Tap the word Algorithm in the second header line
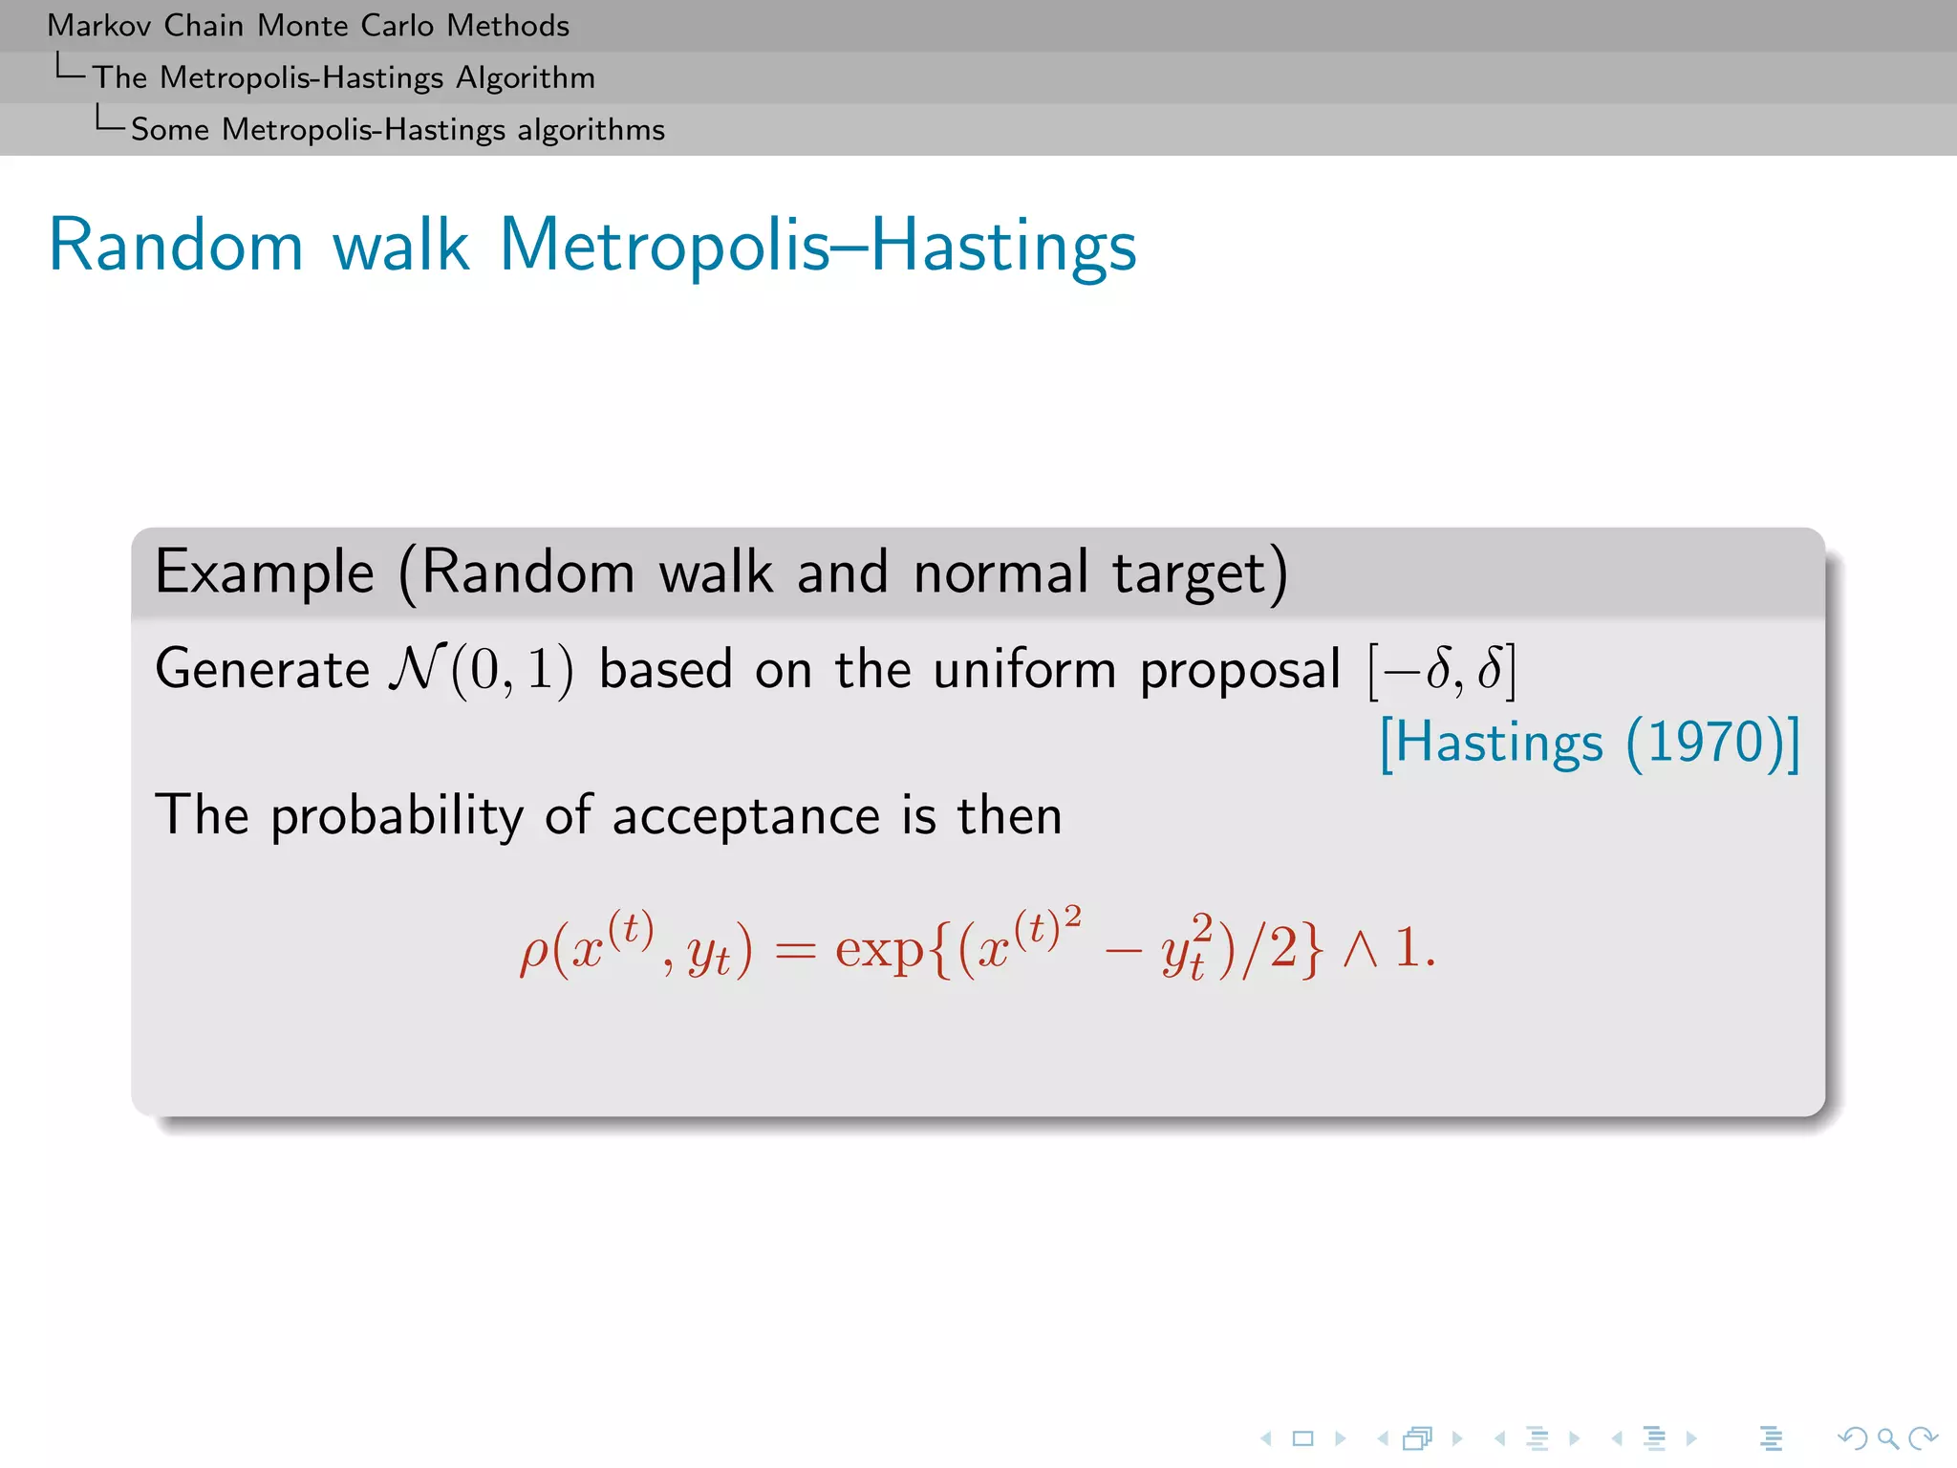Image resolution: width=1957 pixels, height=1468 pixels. (525, 77)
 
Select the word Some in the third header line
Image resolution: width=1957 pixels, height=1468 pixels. (169, 130)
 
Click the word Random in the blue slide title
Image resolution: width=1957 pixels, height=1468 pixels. (176, 246)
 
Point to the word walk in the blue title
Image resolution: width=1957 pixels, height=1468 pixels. (400, 246)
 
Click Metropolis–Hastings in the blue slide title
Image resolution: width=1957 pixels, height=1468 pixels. (817, 246)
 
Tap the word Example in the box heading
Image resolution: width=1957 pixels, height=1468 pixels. (265, 573)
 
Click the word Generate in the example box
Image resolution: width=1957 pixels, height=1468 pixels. (262, 669)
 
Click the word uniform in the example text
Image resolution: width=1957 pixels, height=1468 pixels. (1024, 669)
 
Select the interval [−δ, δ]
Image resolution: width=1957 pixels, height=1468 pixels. (1442, 670)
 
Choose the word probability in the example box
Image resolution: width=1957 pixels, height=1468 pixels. (397, 817)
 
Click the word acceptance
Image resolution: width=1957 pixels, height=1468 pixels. (745, 817)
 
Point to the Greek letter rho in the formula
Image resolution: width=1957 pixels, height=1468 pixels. (533, 952)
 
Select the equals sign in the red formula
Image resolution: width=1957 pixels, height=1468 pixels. (795, 951)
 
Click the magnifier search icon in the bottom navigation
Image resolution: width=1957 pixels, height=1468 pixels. (1887, 1438)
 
